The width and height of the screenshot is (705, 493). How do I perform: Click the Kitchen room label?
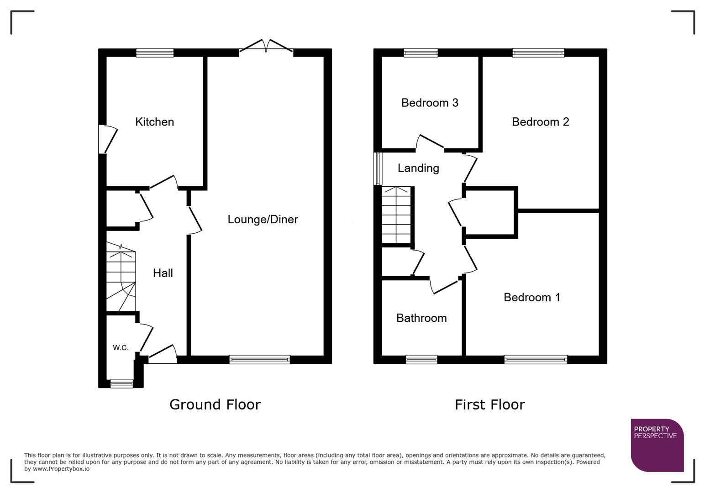tap(154, 122)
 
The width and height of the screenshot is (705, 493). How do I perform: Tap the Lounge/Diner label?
tap(263, 220)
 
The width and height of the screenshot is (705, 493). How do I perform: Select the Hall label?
tap(163, 273)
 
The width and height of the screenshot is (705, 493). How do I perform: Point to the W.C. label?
tap(121, 348)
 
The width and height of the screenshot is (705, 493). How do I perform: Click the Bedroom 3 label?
tap(430, 103)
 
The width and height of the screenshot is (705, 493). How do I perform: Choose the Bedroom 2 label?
tap(540, 122)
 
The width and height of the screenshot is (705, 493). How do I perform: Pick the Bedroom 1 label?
tap(531, 298)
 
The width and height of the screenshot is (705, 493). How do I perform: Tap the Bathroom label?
tap(421, 318)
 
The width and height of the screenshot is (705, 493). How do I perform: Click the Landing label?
tap(418, 168)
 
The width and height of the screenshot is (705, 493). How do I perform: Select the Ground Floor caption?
tap(215, 404)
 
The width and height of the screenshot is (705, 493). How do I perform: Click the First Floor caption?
tap(489, 404)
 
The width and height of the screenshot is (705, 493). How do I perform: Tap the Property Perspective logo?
tap(657, 445)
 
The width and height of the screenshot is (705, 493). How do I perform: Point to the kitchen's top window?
tap(155, 53)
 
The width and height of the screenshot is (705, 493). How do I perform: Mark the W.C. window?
tap(121, 384)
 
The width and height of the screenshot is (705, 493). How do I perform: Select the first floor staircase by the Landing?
tap(396, 215)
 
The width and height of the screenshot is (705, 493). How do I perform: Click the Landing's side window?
tap(378, 169)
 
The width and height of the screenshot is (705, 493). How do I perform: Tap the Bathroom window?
tap(421, 360)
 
